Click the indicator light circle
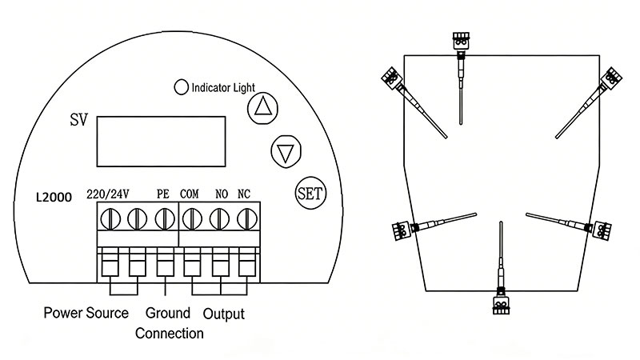pos(182,86)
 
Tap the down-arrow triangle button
pos(284,150)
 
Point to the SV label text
pos(78,121)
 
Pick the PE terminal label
pos(164,193)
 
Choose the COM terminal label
pos(190,193)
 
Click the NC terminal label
pos(246,193)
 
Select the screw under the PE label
pos(165,218)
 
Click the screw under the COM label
pos(192,218)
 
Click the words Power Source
pos(86,313)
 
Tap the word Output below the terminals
pos(222,314)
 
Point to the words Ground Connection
pos(168,322)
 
